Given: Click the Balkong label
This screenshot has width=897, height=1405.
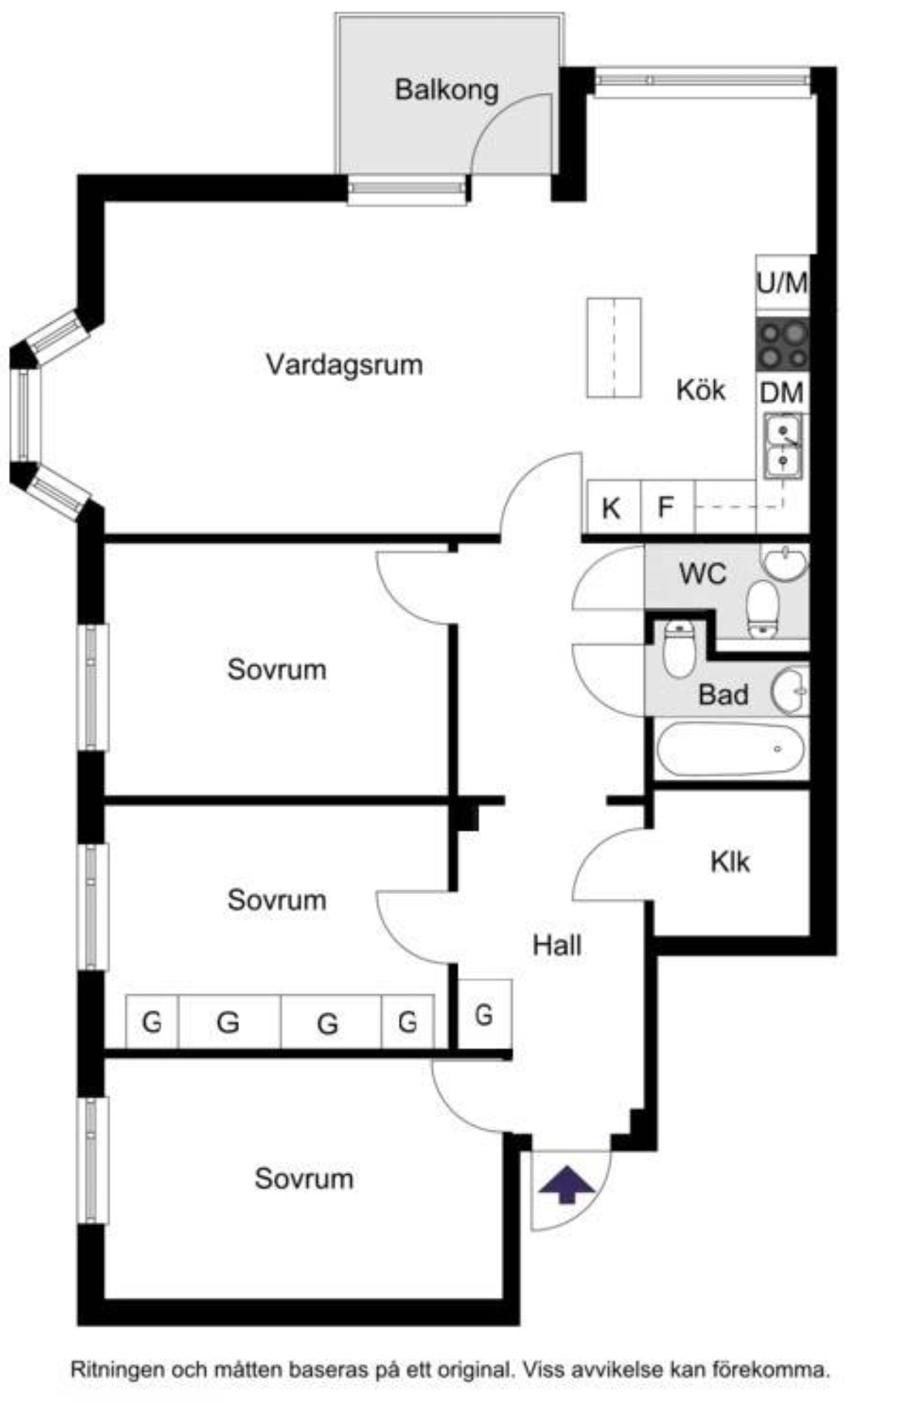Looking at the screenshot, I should (x=446, y=90).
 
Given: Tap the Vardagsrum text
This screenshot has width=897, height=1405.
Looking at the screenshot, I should (x=344, y=365).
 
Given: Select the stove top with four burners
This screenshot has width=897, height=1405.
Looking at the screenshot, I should (x=782, y=345).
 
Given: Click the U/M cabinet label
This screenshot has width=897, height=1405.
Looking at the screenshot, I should (x=782, y=283).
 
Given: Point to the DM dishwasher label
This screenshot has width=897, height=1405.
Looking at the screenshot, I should (x=782, y=393).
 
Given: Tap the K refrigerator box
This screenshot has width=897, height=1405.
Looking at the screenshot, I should (x=611, y=508).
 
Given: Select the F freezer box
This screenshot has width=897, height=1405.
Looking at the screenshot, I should (x=666, y=508).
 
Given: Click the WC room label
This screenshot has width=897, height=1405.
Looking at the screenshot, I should (x=702, y=574).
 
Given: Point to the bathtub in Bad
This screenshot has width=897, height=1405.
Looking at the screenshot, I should (x=730, y=749).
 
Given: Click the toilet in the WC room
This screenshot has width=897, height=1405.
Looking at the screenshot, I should (x=763, y=609).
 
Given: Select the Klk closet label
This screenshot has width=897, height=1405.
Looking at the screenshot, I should (x=730, y=862).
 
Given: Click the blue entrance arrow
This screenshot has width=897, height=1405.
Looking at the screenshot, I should (x=566, y=1185).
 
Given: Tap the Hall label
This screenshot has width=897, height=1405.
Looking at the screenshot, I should (x=557, y=945).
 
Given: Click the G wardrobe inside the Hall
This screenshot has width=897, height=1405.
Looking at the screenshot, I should (x=484, y=1014).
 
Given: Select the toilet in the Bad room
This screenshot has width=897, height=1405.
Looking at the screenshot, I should (x=679, y=649).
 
